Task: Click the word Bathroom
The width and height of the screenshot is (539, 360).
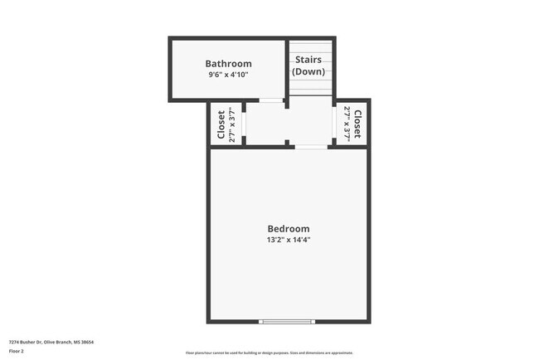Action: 228,64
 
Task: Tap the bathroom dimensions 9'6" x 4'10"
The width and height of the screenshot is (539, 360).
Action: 228,75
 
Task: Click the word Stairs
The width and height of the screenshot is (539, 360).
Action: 308,60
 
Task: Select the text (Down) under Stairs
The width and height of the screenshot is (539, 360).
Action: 308,71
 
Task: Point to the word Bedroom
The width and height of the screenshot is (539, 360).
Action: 288,229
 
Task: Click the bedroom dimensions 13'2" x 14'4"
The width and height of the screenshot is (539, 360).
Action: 288,241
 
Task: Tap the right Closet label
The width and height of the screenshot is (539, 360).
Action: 358,124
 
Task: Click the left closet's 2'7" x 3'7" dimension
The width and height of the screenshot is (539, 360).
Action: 232,124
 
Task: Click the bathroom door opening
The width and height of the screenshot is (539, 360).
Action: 270,100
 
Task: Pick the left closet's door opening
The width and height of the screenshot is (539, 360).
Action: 245,124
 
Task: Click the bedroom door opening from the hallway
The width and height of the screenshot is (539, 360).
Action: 310,147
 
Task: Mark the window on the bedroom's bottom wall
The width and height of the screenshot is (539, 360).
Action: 287,321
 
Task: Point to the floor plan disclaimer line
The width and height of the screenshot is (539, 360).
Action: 269,353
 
